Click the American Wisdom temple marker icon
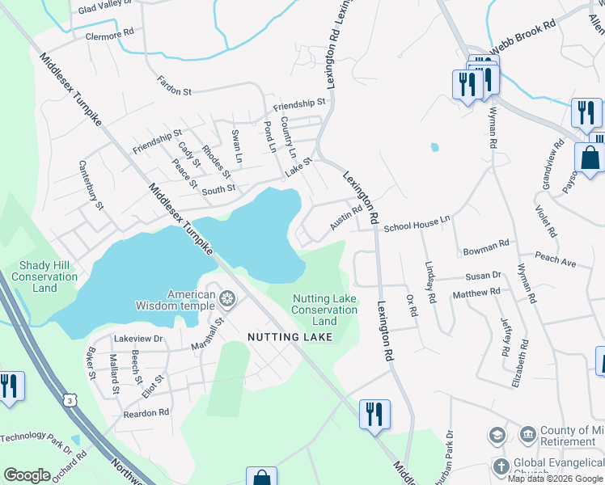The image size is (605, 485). (227, 301)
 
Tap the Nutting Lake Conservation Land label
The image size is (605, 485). (324, 310)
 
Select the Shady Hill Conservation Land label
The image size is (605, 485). (44, 276)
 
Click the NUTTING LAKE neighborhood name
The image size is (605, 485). (290, 336)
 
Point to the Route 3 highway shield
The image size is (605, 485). (71, 400)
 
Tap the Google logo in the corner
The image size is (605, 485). (27, 475)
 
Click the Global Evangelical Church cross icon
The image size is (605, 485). (501, 466)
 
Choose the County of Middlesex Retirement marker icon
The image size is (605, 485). (527, 435)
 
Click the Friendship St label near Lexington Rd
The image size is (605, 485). (298, 104)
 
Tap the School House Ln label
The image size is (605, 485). (417, 224)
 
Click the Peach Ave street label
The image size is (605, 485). (555, 262)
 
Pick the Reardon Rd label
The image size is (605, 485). (146, 412)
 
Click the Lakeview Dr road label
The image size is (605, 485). (138, 339)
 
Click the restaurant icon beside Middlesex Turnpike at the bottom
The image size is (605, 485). (374, 414)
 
